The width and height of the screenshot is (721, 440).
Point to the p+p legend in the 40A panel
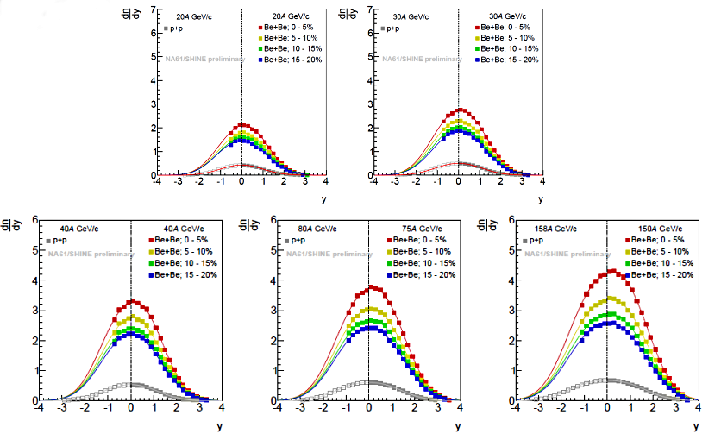point(57,241)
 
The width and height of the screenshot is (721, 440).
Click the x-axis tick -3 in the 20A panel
point(178,183)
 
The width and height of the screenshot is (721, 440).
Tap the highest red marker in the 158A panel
point(611,271)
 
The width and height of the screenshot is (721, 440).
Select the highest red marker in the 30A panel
point(460,110)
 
